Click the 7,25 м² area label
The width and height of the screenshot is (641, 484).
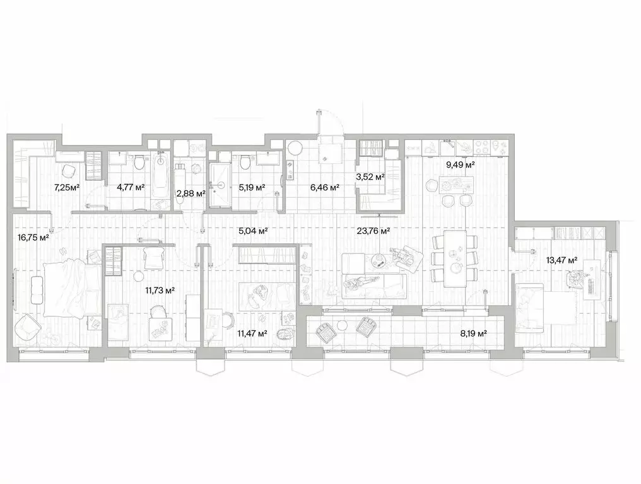tap(67, 187)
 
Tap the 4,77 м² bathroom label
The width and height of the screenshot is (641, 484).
tap(131, 187)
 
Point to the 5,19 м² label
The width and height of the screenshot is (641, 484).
tap(252, 187)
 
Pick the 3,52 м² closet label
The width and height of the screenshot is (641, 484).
tap(371, 178)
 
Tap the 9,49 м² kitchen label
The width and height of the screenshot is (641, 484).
tap(461, 165)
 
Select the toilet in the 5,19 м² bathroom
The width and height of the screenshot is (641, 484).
tap(243, 163)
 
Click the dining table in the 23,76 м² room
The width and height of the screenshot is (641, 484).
tap(455, 257)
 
